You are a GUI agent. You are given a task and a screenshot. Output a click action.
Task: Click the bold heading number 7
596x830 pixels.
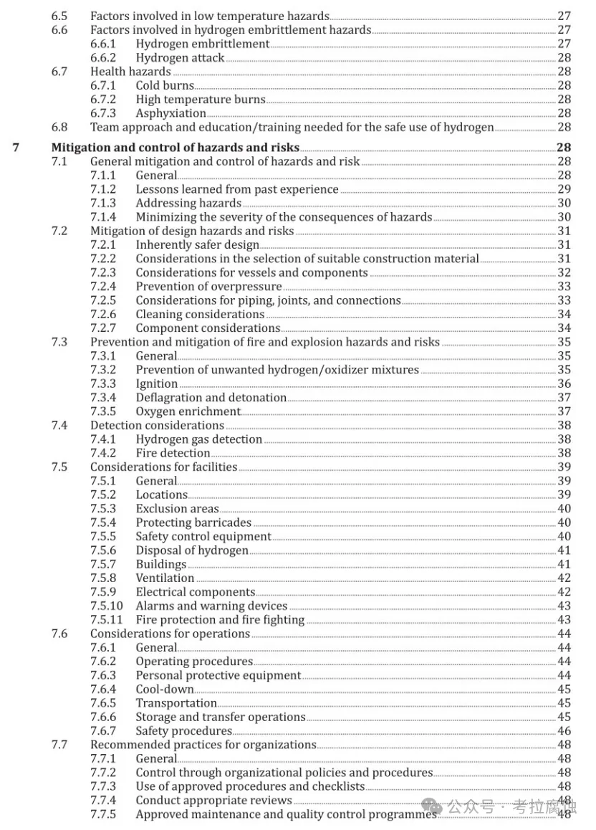coord(16,148)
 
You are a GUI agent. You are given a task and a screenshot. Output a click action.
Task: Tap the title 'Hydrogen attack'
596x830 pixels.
coord(180,58)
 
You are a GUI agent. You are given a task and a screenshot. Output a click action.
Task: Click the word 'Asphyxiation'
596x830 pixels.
coord(170,113)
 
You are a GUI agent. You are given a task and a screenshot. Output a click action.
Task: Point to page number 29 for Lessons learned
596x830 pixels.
coord(564,189)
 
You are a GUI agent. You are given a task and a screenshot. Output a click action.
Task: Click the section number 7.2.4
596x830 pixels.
coord(102,287)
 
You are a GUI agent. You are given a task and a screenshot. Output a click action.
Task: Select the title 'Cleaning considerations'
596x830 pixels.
coord(200,315)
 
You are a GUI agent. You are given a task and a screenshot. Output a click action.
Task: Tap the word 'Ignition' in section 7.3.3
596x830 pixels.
coord(156,384)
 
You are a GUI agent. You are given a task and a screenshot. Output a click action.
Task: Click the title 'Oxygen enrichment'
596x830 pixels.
coord(188,411)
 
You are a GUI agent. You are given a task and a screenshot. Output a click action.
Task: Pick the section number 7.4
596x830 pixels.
coord(59,426)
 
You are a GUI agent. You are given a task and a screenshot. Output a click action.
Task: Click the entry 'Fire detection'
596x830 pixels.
coord(173,453)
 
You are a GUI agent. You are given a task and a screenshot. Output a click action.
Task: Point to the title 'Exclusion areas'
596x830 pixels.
coord(177,509)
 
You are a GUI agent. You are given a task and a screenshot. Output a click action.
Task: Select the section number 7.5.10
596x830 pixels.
coord(106,606)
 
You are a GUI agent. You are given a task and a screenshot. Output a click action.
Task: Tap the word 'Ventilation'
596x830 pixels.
coord(165,578)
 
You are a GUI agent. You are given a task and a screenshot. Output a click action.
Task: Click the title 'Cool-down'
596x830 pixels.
coord(164,690)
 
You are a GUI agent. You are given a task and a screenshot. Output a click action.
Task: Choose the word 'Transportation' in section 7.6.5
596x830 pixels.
coord(176,703)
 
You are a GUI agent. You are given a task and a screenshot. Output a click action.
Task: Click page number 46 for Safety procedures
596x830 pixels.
coord(564,731)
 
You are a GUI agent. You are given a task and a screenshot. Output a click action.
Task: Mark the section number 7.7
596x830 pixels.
coord(59,745)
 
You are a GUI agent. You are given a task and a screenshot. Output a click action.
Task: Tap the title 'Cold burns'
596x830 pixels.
coord(165,86)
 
